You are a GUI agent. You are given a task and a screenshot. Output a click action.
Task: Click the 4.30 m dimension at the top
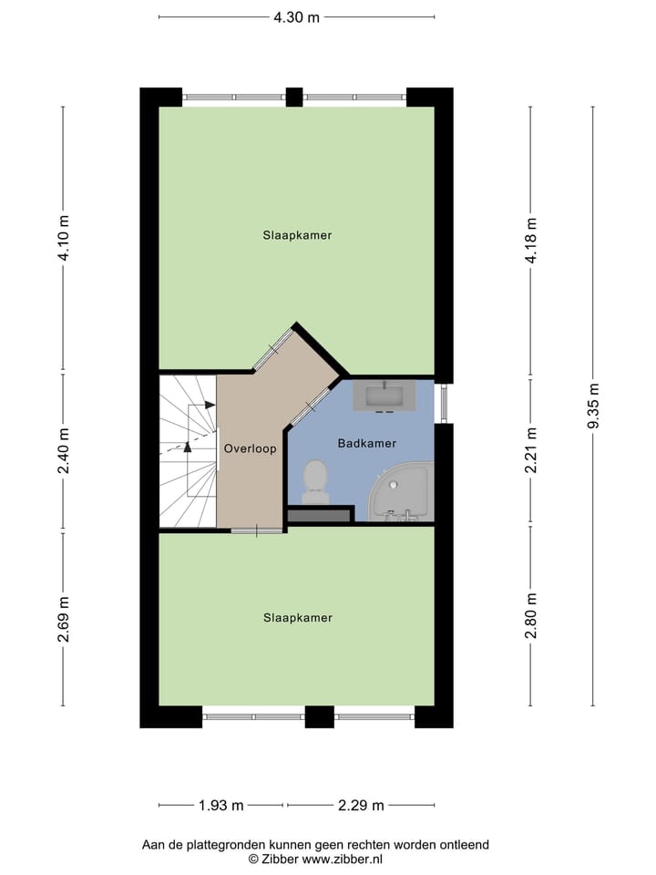[297, 16]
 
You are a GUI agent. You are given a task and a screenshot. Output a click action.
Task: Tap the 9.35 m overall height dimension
[593, 406]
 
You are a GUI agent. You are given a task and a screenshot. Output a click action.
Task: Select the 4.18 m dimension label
[530, 241]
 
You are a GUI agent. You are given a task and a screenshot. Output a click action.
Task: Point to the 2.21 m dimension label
[530, 450]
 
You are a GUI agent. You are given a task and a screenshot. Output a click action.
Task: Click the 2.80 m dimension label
[530, 615]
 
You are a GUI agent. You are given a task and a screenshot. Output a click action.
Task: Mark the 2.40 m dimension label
[63, 451]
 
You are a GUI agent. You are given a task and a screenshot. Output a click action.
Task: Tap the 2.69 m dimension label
[63, 619]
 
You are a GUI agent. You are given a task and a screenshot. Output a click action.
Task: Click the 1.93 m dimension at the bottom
[221, 805]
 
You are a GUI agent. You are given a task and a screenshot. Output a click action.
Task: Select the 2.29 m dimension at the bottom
[361, 805]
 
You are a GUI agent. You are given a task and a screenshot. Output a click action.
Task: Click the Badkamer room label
[366, 444]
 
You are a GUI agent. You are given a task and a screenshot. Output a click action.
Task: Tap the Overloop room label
[250, 448]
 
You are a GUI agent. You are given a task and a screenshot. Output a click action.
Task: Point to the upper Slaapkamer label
[297, 235]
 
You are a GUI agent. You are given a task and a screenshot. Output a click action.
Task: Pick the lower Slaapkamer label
[297, 618]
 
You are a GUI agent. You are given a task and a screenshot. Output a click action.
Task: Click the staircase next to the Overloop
[188, 451]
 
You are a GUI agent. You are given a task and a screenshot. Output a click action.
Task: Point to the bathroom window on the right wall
[444, 402]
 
